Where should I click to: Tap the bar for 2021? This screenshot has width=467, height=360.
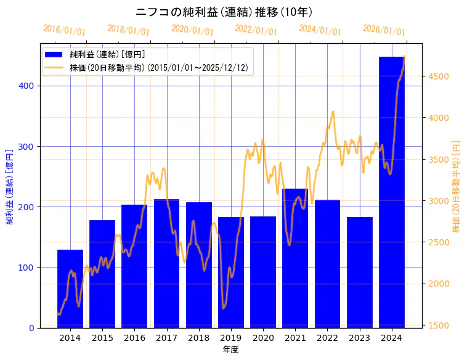(295, 258)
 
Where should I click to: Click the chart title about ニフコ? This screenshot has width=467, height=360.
(224, 12)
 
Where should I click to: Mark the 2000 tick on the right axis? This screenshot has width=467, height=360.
(439, 284)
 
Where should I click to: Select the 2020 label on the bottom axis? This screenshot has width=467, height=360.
(263, 338)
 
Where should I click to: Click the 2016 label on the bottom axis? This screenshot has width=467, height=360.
(134, 338)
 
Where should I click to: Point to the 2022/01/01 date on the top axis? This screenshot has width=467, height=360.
(256, 30)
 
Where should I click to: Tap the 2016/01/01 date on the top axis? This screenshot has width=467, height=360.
(64, 30)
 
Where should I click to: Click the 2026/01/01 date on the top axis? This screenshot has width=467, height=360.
(384, 30)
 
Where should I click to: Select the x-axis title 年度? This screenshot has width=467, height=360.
(231, 350)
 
